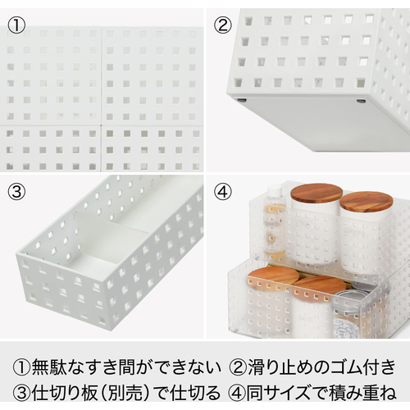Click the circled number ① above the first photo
(x=16, y=25)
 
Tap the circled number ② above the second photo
(x=223, y=25)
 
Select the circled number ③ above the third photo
(x=16, y=191)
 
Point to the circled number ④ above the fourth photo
(x=223, y=191)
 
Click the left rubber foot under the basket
(x=241, y=100)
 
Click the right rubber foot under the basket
(x=360, y=102)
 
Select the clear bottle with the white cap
(x=274, y=220)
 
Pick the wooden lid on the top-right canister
(x=367, y=202)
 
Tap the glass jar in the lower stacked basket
(x=348, y=314)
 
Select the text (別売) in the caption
(x=123, y=393)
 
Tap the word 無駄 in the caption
(x=48, y=367)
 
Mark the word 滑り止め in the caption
(x=280, y=367)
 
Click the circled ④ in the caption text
(x=237, y=393)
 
